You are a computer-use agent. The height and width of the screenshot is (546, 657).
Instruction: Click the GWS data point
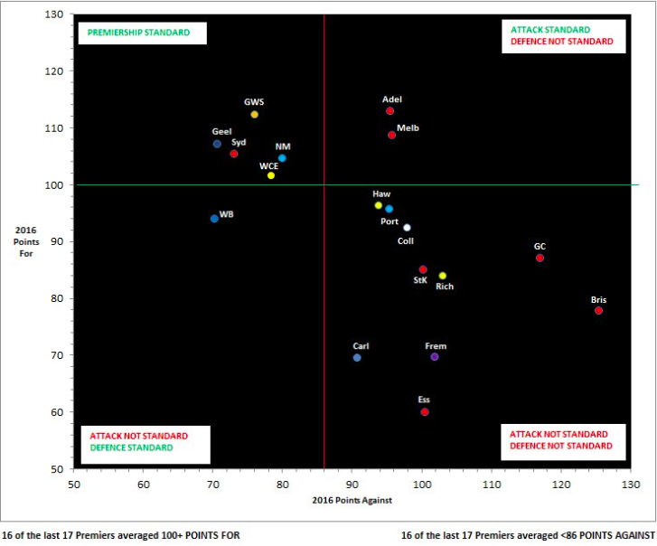255,115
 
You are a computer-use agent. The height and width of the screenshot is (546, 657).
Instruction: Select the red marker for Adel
390,111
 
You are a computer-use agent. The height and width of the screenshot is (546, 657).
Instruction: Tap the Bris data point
598,311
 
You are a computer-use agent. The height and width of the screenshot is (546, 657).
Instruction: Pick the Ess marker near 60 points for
425,412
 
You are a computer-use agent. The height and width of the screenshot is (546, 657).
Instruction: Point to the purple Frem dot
435,357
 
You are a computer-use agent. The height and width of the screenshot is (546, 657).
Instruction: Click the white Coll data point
407,228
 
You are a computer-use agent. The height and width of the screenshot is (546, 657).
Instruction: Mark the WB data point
214,219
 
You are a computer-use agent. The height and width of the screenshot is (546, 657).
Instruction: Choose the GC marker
540,258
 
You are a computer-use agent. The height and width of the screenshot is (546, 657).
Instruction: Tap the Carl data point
357,358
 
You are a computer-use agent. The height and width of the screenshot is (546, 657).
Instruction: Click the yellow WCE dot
271,175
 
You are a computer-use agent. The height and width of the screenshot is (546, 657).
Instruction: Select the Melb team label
408,128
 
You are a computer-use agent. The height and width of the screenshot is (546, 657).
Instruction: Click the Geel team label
221,132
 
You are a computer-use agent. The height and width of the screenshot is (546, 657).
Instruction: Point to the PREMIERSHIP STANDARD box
143,33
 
